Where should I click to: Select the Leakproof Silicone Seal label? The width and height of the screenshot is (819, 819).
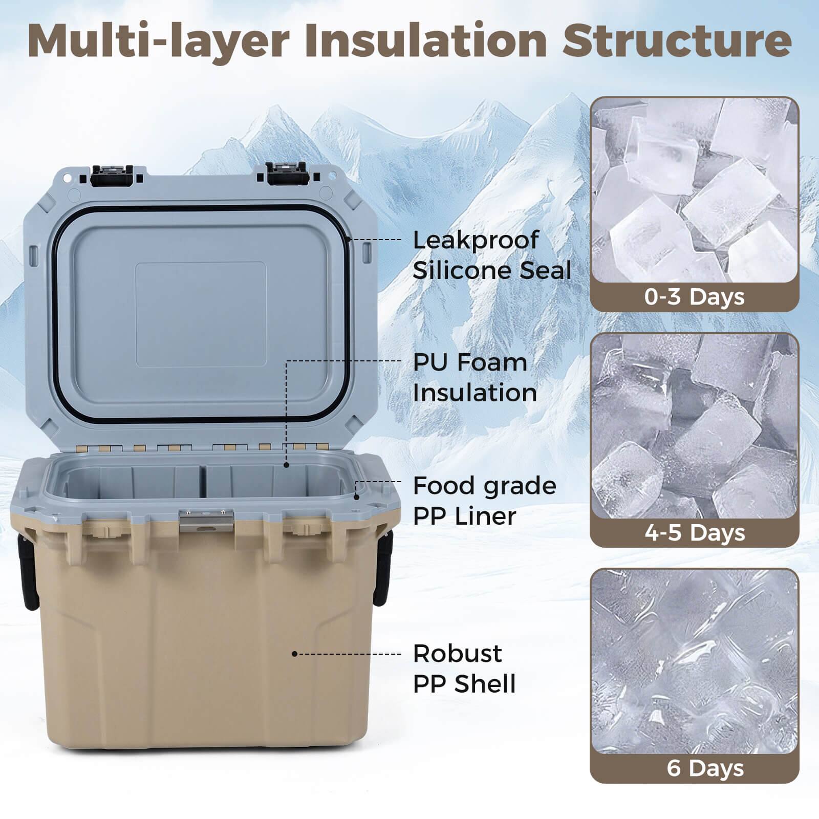(x=491, y=255)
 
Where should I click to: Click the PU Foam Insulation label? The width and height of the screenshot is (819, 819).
(x=475, y=378)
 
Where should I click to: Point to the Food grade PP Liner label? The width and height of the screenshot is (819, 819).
(x=484, y=501)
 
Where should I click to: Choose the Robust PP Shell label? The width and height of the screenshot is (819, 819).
(x=464, y=669)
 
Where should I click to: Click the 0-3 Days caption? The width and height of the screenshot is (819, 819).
(x=694, y=297)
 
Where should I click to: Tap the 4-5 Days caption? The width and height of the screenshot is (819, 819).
(x=694, y=532)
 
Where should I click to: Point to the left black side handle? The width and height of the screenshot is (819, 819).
(x=28, y=568)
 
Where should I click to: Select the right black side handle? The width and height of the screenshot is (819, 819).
(x=382, y=568)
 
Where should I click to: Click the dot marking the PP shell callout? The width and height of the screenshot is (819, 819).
(x=294, y=654)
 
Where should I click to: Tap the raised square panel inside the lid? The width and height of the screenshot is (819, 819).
(x=201, y=314)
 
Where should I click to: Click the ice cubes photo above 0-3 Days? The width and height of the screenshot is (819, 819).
(x=694, y=189)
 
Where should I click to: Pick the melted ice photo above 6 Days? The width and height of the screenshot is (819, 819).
(x=694, y=660)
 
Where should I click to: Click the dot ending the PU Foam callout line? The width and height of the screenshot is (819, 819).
(x=287, y=465)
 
